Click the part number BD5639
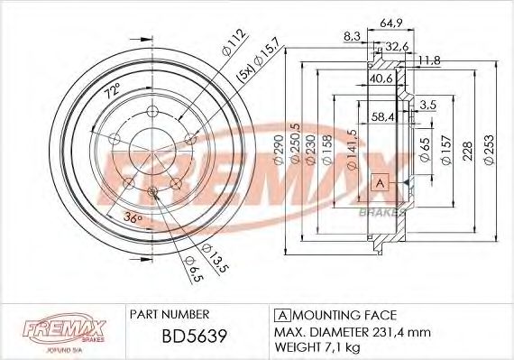tap(170, 339)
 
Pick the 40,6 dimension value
tap(381, 78)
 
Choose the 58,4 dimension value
tap(383, 116)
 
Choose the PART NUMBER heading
tap(170, 315)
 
